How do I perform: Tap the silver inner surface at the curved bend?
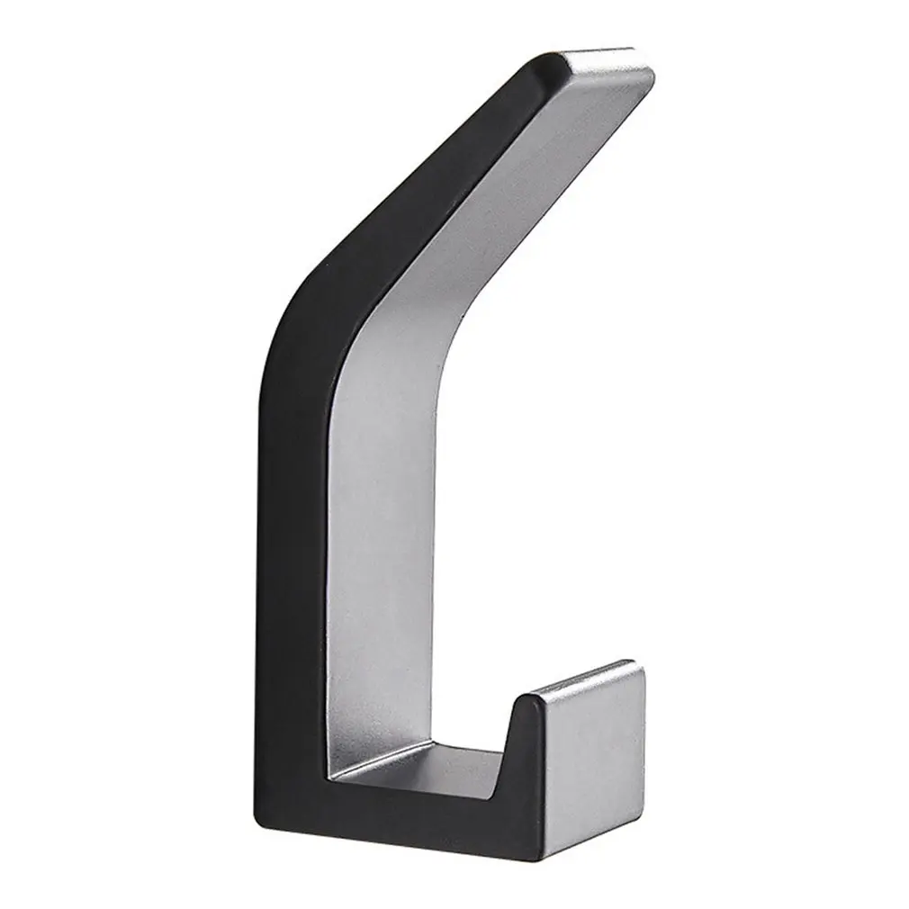[405, 315]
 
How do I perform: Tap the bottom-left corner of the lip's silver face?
[545, 837]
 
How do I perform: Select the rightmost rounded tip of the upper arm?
[652, 76]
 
